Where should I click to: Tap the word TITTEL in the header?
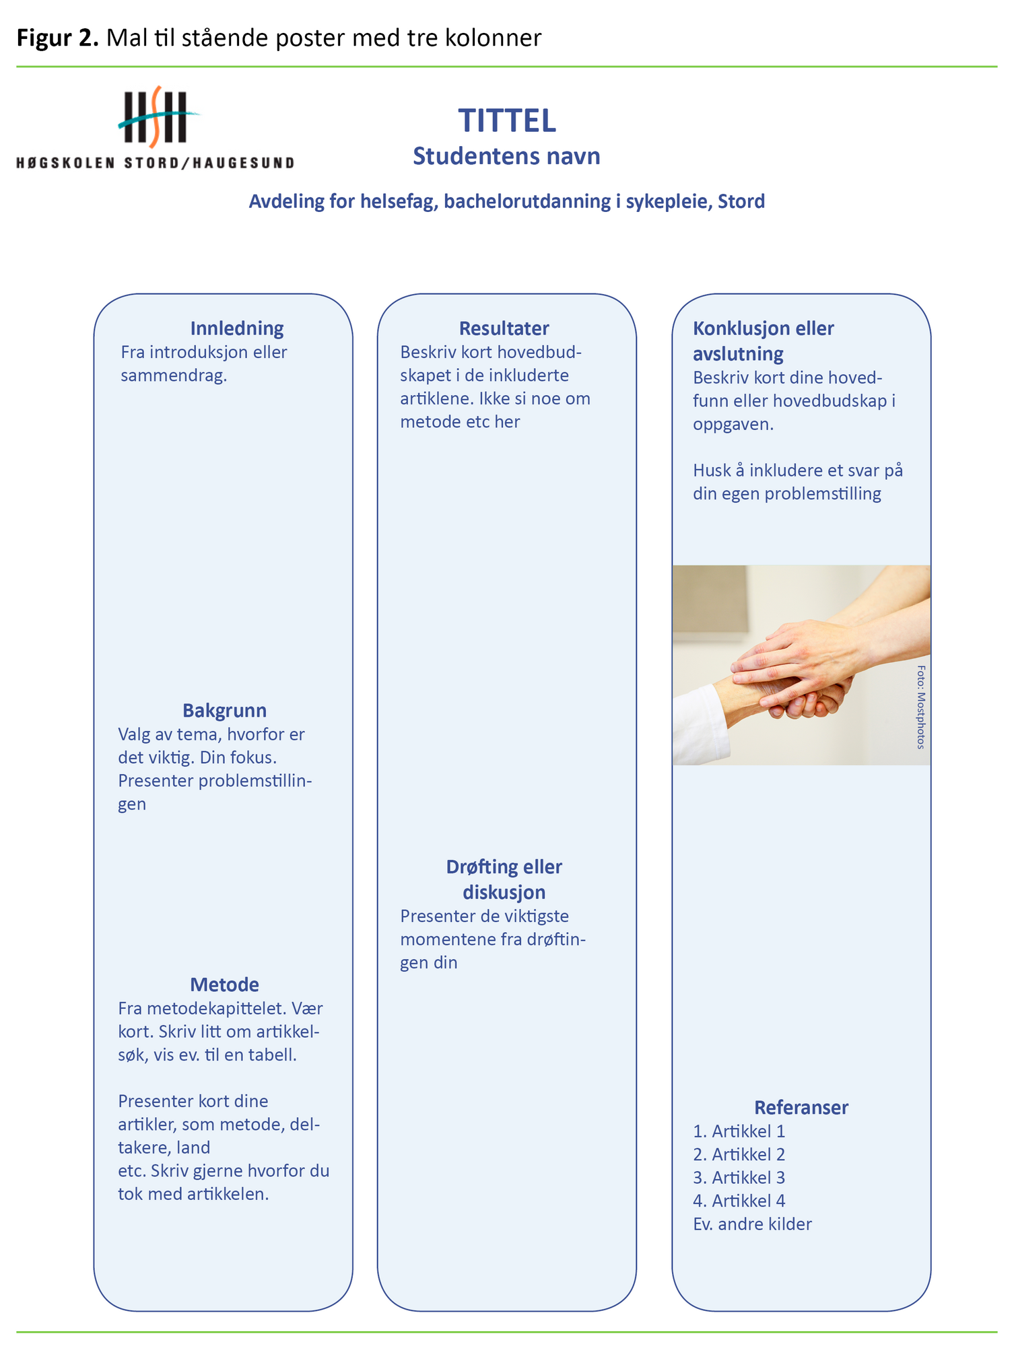507,121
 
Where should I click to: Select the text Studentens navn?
506,156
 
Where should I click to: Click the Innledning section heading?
236,328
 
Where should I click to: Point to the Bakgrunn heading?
224,711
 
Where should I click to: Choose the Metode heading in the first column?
224,985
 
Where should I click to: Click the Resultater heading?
504,328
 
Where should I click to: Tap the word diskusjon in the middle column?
504,892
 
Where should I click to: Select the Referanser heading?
801,1108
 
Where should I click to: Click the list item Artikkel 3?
739,1178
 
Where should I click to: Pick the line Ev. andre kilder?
752,1224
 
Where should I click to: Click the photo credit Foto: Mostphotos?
920,707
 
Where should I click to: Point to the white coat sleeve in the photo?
700,727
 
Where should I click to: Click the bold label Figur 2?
58,38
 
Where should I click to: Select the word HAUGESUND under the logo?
243,163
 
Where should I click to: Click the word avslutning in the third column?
738,354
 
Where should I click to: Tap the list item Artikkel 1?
739,1131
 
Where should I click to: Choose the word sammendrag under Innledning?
173,376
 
